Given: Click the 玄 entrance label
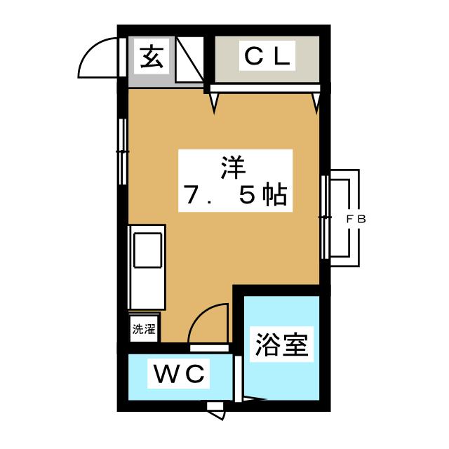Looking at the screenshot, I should [152, 57].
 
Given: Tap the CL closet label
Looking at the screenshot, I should [266, 57].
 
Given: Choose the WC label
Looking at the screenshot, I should [179, 374].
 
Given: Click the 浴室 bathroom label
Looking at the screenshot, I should [281, 345].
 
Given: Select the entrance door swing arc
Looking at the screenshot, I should [95, 60].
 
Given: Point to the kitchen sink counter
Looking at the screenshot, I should [147, 267].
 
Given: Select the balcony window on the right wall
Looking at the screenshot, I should [325, 217].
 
